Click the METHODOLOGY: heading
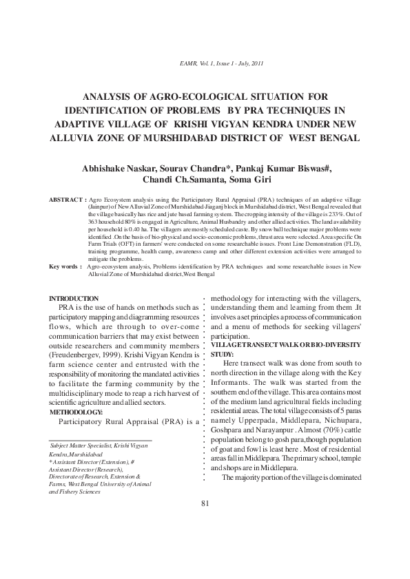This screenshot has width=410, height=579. point(76,412)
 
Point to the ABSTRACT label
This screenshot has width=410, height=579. point(67,199)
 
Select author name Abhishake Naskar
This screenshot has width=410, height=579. point(112,169)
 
